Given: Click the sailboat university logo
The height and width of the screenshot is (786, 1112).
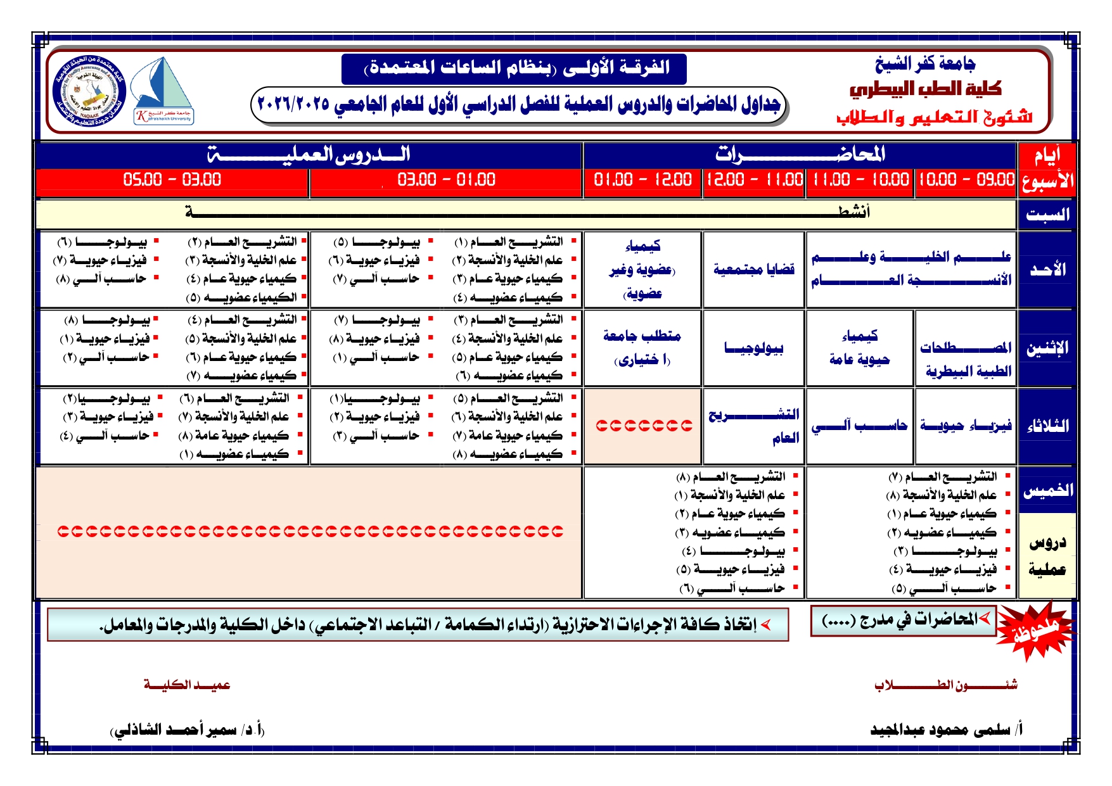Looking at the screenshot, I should (x=163, y=91).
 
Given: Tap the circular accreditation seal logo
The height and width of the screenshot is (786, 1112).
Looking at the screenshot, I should (x=89, y=91).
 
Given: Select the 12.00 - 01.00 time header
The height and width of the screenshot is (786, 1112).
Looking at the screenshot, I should (x=642, y=180).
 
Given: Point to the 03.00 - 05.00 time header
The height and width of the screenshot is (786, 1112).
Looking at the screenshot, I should (x=172, y=180).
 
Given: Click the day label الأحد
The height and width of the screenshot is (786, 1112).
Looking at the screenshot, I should (x=1047, y=270).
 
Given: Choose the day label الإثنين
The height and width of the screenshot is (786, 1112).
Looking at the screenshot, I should (x=1047, y=348).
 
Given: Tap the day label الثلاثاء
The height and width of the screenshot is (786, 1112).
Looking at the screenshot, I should (x=1047, y=426).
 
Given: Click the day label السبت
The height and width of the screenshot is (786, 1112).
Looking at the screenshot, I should (x=1047, y=215).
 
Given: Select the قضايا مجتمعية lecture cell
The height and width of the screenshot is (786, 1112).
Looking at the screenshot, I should (x=753, y=270).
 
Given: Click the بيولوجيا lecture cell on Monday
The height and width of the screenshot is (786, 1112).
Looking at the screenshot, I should (x=753, y=348).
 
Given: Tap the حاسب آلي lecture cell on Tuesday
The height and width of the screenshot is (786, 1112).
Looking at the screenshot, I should (x=859, y=426).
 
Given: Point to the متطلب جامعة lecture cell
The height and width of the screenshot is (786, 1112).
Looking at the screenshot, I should (x=642, y=347).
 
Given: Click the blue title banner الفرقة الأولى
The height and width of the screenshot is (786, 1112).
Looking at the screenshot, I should (x=514, y=68).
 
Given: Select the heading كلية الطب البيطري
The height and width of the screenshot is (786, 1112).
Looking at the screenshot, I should (x=925, y=89).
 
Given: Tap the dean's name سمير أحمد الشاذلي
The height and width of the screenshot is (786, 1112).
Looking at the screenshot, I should (x=188, y=730).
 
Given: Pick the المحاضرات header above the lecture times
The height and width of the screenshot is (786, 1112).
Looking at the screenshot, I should (x=800, y=155).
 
